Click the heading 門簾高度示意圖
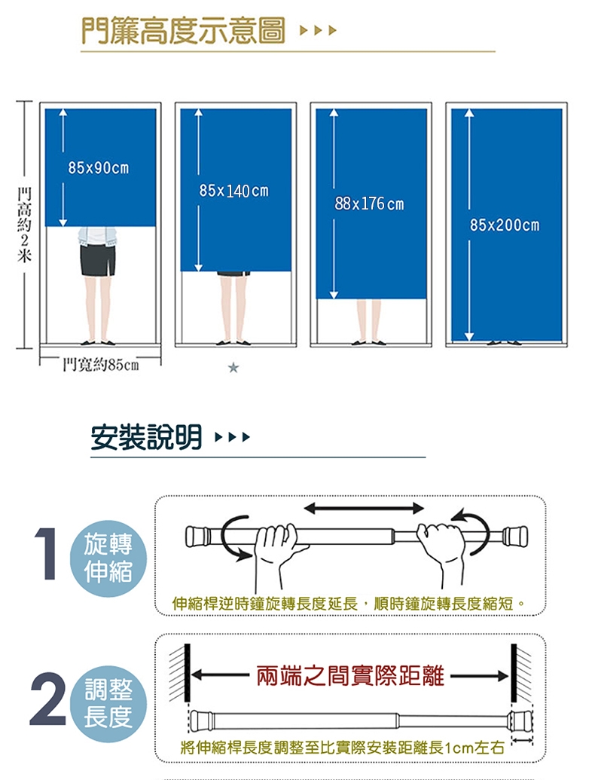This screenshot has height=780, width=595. [x=184, y=31]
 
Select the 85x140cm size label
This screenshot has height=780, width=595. [x=233, y=191]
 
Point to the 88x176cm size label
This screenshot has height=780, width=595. [x=369, y=204]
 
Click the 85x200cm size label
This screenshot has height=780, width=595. [x=505, y=225]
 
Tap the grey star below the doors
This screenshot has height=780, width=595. [x=233, y=368]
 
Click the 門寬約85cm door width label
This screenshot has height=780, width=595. [x=99, y=366]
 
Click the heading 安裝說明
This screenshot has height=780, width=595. [x=146, y=437]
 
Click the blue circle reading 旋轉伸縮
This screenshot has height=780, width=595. [x=108, y=558]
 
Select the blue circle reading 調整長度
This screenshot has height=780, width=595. [x=108, y=702]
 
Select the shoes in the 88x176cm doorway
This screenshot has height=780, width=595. [x=369, y=343]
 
